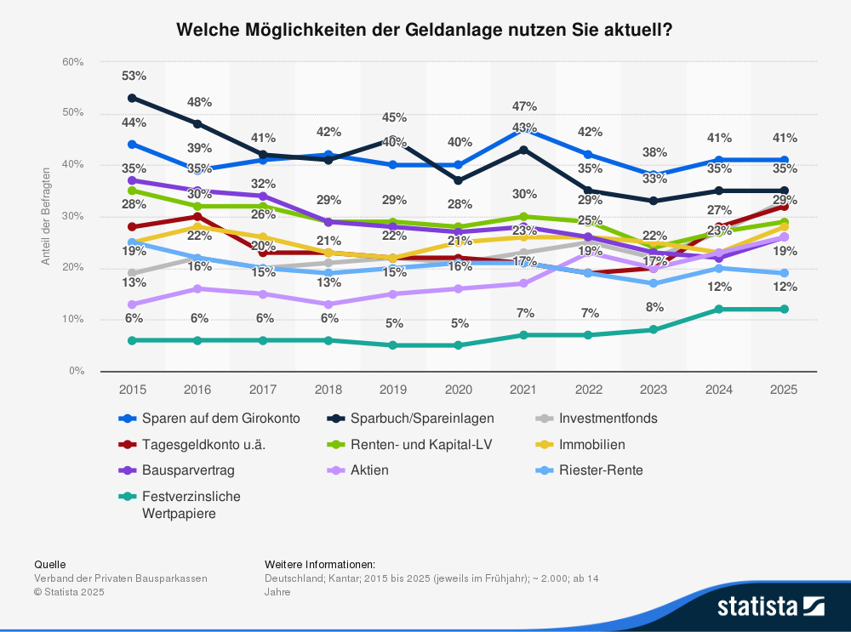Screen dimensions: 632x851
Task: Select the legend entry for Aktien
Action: [x=369, y=470]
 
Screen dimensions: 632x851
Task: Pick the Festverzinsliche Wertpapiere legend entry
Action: [x=191, y=504]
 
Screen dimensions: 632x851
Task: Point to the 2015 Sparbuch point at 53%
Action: [x=133, y=98]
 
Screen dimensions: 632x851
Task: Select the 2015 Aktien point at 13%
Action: [x=133, y=305]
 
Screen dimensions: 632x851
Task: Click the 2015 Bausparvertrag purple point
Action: [x=133, y=180]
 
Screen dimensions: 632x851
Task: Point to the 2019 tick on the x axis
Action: [x=394, y=389]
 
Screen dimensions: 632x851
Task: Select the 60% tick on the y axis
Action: [x=72, y=62]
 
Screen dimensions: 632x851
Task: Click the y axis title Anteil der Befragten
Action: [x=46, y=216]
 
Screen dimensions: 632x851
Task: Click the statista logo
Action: [x=770, y=606]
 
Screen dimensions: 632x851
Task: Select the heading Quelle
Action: [x=49, y=564]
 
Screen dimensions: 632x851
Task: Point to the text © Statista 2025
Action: [x=69, y=592]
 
